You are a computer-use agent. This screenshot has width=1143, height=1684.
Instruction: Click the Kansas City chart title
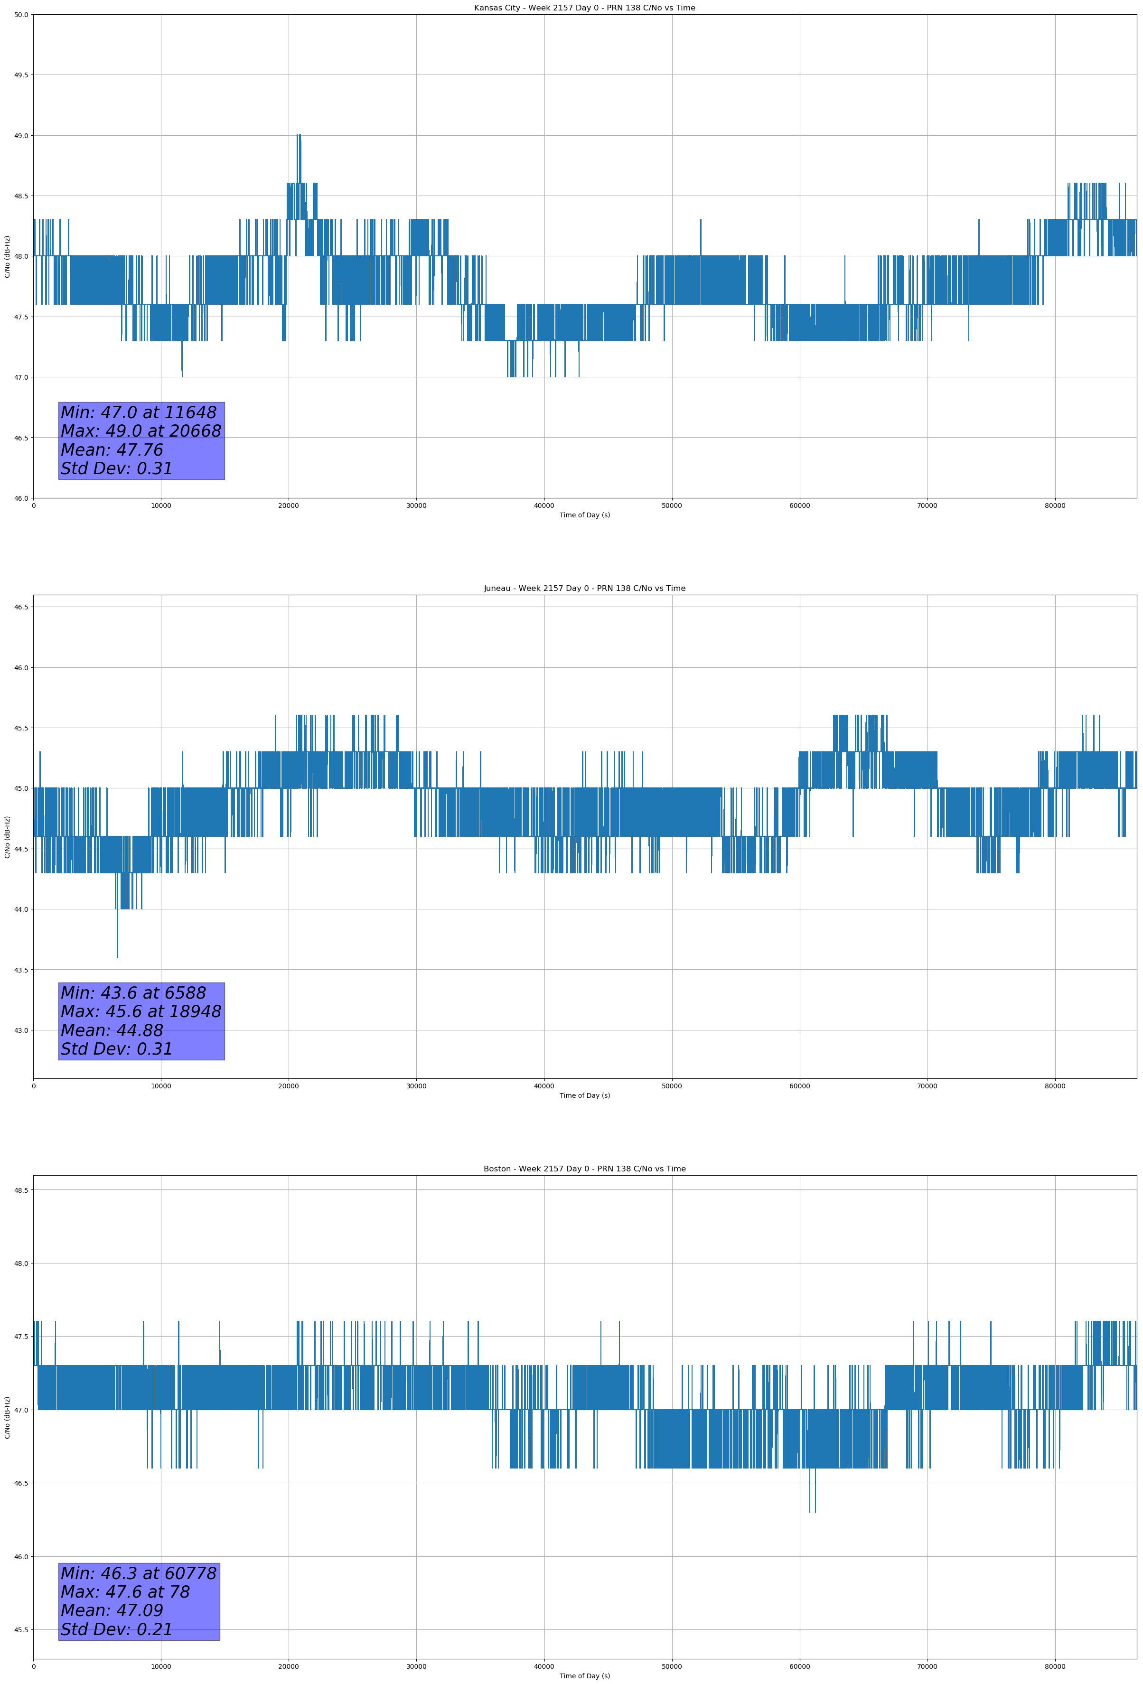point(584,8)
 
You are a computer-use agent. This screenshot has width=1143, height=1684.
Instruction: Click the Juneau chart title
point(584,589)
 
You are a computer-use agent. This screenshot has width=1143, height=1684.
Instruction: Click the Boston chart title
point(584,1169)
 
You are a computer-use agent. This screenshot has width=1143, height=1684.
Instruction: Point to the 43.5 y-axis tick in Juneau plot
point(21,970)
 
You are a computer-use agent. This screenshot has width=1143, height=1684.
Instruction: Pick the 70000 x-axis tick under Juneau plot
point(927,1086)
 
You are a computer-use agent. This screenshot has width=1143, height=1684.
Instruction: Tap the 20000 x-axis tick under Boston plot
point(289,1666)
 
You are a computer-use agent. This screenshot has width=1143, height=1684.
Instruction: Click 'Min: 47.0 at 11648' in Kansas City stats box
point(139,413)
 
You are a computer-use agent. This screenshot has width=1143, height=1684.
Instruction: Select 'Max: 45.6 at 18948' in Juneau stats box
point(141,1011)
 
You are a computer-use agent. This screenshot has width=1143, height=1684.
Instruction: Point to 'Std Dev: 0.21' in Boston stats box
point(117,1629)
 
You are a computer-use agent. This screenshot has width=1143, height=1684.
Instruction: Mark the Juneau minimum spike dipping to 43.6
point(117,955)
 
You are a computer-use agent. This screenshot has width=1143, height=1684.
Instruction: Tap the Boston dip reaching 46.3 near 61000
point(810,1511)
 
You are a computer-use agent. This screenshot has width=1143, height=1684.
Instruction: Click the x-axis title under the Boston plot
point(584,1676)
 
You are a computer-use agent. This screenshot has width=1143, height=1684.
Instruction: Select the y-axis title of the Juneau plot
point(7,837)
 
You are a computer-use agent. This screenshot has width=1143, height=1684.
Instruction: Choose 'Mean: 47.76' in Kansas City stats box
point(112,450)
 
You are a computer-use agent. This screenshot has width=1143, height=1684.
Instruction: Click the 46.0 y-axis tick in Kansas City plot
point(21,498)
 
